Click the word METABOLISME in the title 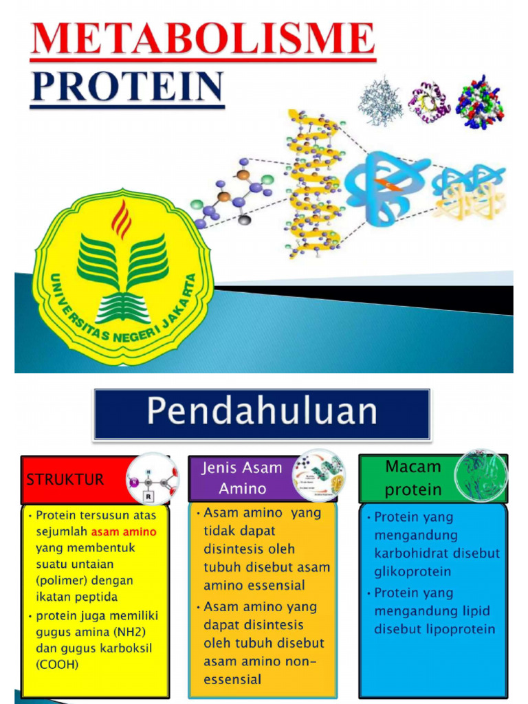(203, 40)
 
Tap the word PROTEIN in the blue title (127, 88)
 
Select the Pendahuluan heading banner (262, 414)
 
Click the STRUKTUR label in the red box (65, 479)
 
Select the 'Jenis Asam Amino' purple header (241, 478)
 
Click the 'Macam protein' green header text (412, 478)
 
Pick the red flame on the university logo (122, 219)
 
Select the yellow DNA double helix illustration (313, 184)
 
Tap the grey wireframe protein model (380, 102)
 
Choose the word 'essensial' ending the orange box (232, 679)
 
